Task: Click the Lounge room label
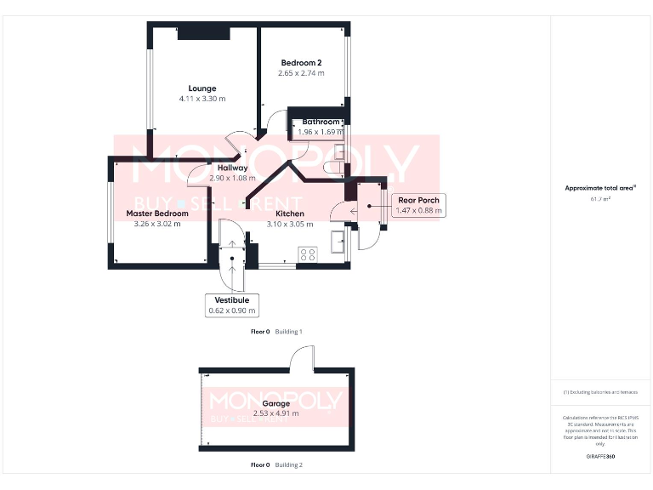(202, 88)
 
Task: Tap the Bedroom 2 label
(301, 63)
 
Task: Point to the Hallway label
(232, 168)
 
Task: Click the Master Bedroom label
(157, 214)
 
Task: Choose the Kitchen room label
(289, 214)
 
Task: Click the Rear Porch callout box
(418, 205)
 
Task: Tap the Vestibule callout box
(231, 305)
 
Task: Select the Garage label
(275, 404)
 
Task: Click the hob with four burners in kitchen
(308, 254)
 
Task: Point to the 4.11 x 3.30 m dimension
(202, 100)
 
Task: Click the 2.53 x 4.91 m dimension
(276, 414)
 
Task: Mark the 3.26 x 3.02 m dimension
(157, 225)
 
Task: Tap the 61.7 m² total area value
(601, 199)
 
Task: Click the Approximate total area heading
(600, 188)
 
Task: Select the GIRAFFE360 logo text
(600, 457)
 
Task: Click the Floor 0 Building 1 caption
(276, 332)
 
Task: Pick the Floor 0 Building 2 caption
(276, 465)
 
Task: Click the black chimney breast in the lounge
(203, 33)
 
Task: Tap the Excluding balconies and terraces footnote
(600, 392)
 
